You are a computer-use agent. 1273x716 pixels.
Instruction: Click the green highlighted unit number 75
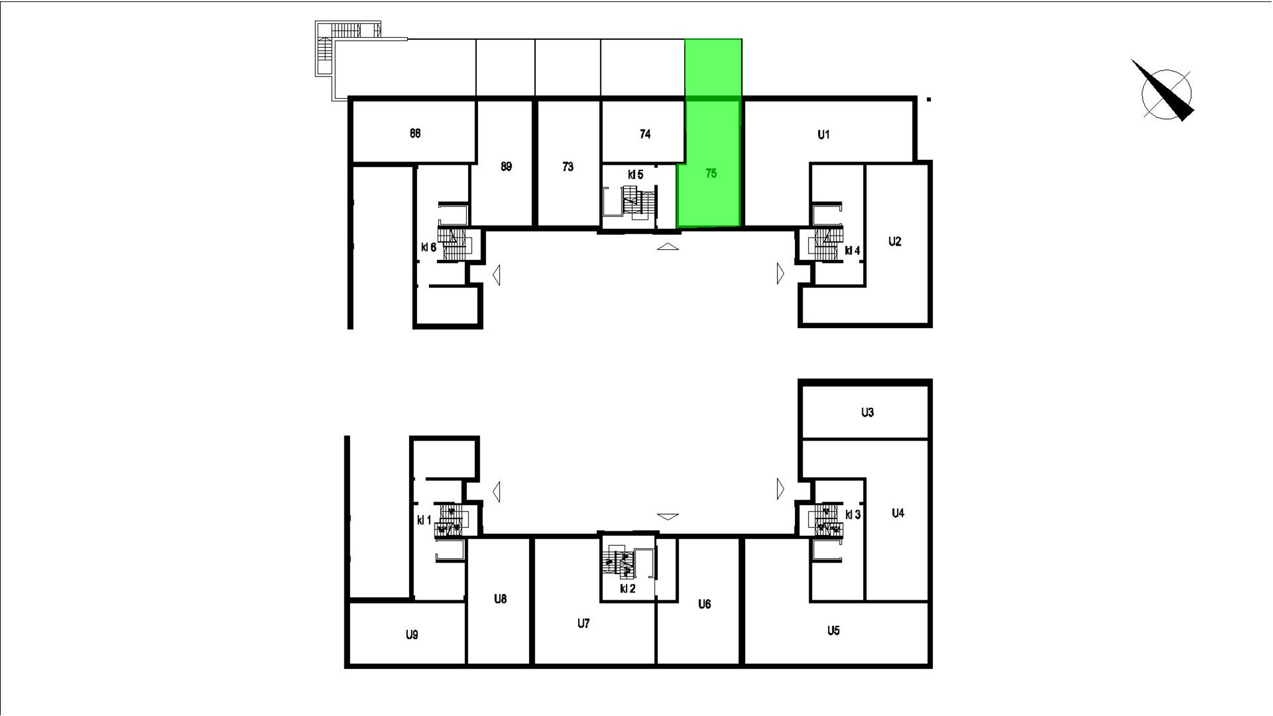711,173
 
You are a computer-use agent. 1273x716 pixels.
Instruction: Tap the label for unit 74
645,134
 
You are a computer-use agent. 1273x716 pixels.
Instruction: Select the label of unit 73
568,167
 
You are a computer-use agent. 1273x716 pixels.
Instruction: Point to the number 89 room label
506,167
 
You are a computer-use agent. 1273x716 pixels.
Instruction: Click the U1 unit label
824,134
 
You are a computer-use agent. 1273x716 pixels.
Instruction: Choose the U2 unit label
894,242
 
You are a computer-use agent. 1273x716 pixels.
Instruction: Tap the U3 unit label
867,412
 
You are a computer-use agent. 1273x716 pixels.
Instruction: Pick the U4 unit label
898,513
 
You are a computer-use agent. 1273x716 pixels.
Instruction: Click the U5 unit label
834,631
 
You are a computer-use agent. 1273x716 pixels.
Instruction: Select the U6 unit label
704,604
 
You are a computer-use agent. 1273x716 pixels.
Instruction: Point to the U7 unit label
583,623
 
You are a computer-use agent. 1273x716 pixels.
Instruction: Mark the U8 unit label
500,599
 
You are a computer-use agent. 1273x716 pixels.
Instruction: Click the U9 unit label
411,635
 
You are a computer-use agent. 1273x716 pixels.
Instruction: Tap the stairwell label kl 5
635,175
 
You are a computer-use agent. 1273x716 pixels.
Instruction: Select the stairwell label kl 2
628,589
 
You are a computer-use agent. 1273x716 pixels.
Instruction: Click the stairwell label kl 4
852,251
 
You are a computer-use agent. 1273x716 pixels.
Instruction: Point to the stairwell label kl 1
424,520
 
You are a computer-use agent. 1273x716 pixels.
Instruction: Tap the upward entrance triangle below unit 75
668,247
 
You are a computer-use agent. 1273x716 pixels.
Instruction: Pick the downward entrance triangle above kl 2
668,516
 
